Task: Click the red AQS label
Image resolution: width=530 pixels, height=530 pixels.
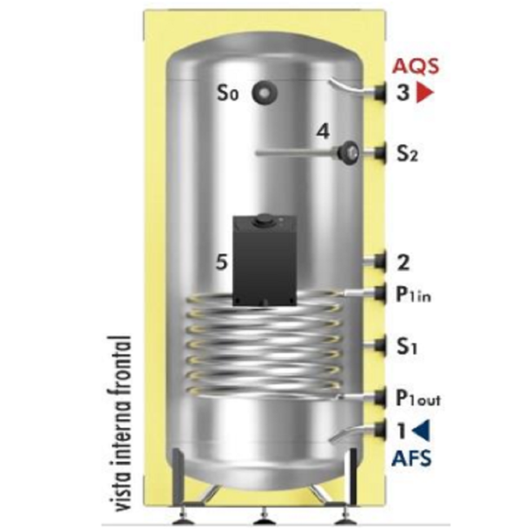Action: [415, 66]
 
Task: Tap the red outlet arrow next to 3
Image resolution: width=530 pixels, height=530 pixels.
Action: [424, 92]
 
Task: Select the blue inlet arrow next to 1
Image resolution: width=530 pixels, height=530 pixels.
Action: [421, 431]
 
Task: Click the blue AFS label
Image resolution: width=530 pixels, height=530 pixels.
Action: [411, 458]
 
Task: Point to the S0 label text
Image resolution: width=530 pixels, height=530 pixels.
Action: [227, 92]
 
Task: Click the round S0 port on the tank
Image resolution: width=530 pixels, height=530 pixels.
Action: [264, 92]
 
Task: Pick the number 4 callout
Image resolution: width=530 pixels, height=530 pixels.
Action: [323, 131]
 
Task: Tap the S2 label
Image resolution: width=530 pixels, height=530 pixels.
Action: [407, 153]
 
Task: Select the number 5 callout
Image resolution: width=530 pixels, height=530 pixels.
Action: [222, 262]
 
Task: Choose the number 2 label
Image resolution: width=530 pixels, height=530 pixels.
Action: [403, 263]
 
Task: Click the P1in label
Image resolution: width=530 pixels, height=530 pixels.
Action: [413, 294]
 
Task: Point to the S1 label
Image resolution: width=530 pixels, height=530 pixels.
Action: [406, 346]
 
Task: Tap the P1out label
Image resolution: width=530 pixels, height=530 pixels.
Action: [417, 398]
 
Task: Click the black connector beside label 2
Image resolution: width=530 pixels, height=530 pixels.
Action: [381, 262]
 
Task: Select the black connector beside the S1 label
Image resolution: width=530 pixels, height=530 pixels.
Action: [381, 346]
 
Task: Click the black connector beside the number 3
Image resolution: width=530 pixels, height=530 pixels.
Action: [381, 91]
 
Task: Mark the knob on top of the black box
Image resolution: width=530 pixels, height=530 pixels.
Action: [261, 221]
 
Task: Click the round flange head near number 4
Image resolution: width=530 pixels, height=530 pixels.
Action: [349, 152]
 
